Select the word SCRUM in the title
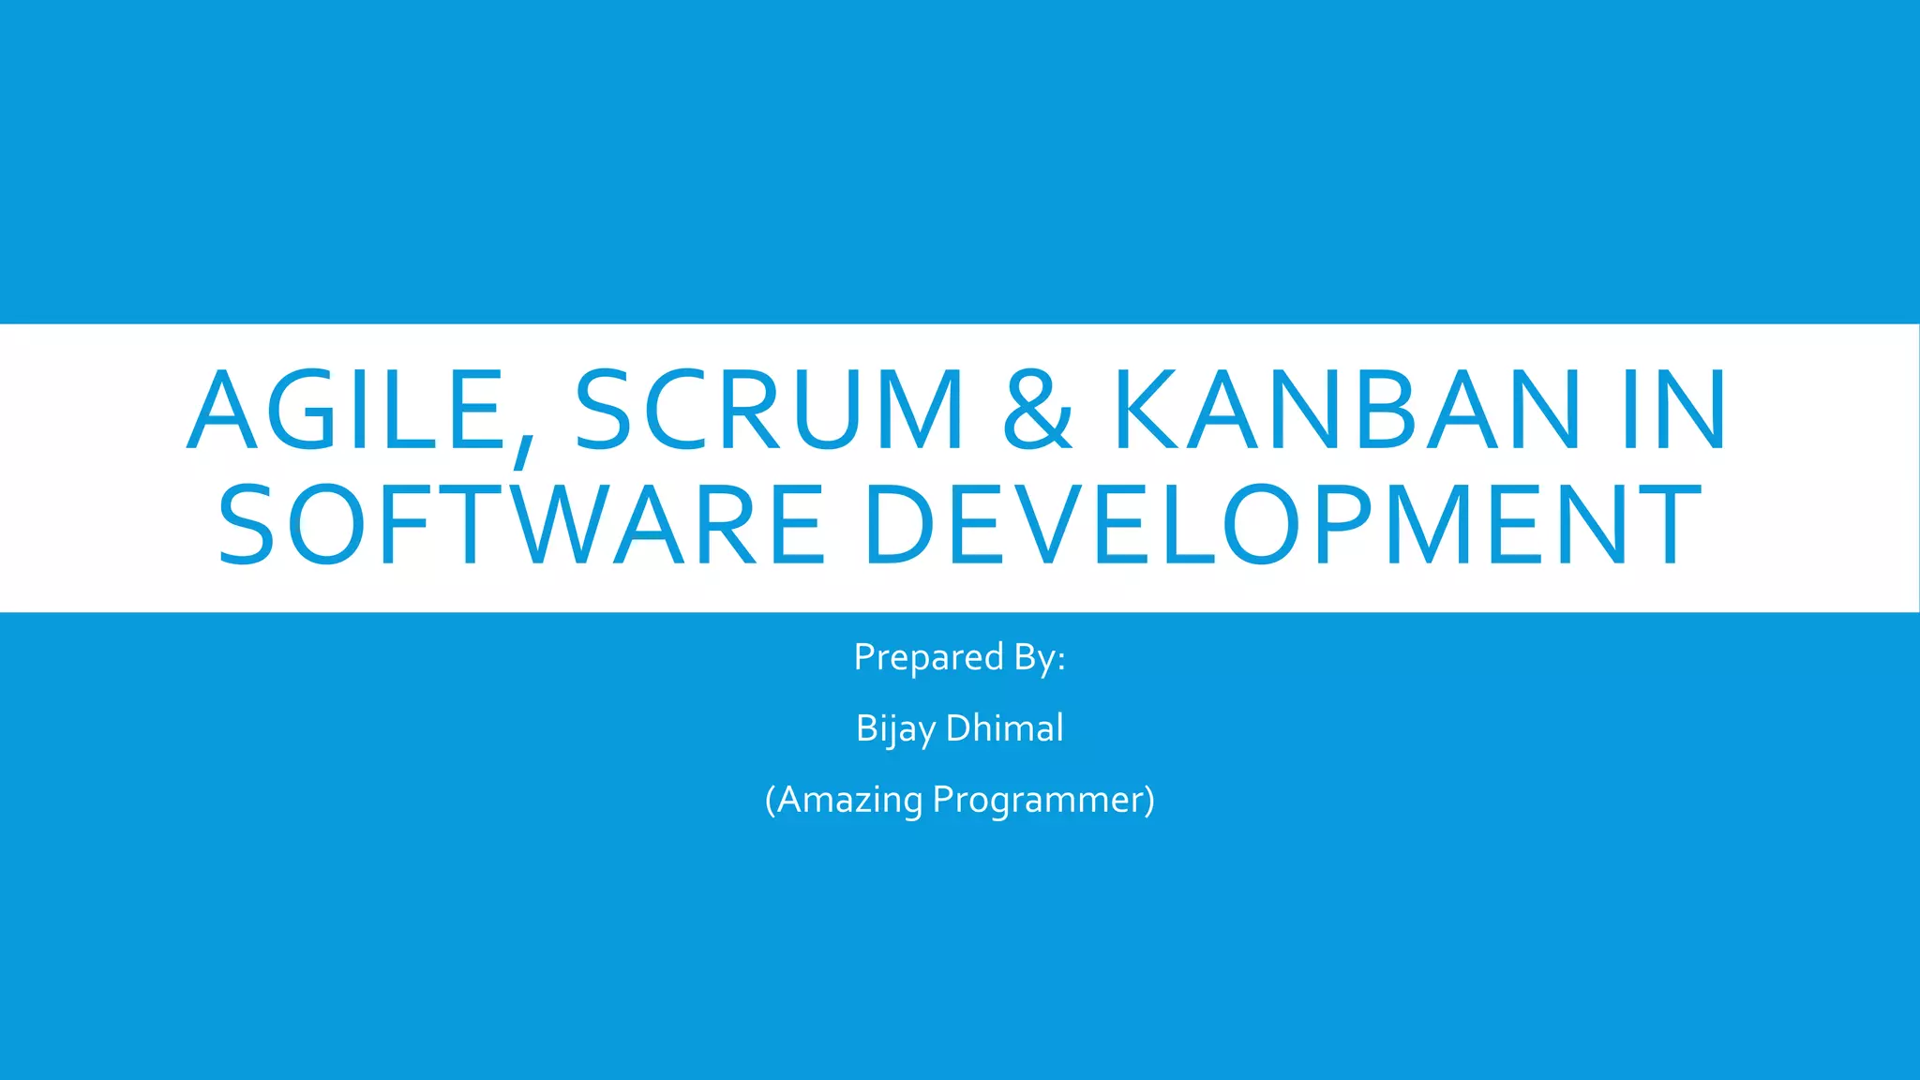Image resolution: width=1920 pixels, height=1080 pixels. (769, 410)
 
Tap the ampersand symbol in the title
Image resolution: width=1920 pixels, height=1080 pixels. (1037, 410)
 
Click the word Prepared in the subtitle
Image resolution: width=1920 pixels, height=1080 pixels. (928, 658)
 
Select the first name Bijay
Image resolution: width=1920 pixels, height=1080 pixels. (895, 729)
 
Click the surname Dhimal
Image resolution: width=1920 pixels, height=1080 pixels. (1005, 728)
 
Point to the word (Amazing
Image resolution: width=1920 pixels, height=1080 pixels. (844, 801)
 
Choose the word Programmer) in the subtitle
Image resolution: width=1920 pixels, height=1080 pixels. (1043, 801)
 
